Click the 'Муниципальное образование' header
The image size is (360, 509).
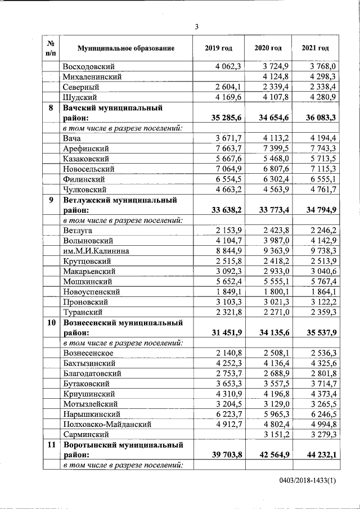pos(126,48)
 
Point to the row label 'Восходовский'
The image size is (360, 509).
pos(89,66)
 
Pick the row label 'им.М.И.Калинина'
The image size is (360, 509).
pos(96,251)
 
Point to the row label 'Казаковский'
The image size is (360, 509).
pos(86,159)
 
